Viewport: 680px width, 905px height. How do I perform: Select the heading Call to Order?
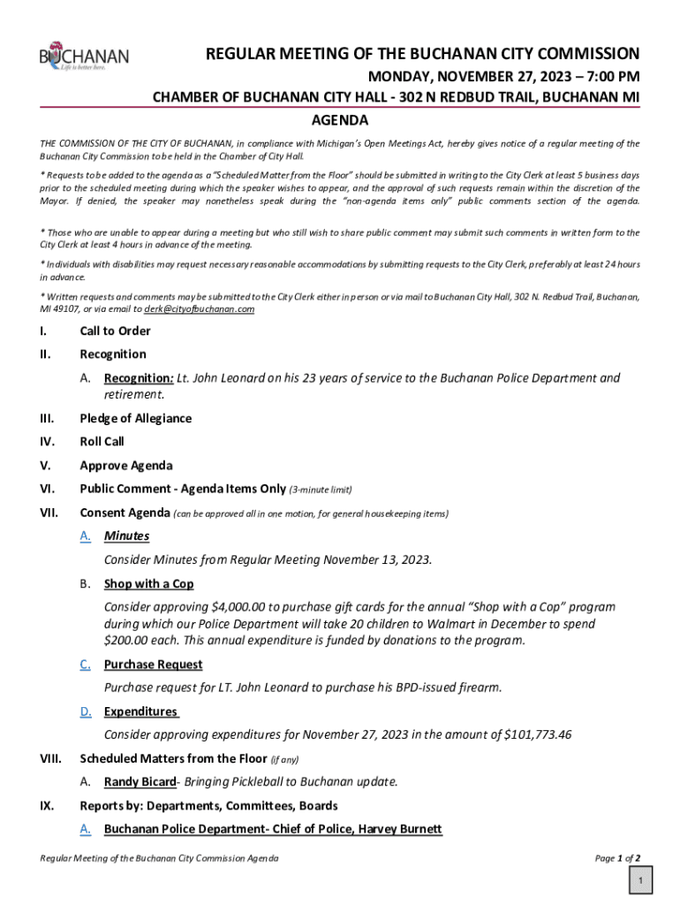(x=115, y=331)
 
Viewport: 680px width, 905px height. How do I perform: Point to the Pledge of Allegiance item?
(x=135, y=418)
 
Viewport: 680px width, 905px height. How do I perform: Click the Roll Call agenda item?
(x=102, y=441)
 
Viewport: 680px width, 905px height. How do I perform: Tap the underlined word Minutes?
(x=126, y=536)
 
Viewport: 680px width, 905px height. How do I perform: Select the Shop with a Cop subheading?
(x=148, y=584)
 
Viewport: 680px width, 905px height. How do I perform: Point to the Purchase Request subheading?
(x=153, y=665)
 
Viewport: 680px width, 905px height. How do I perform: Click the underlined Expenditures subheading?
(x=140, y=711)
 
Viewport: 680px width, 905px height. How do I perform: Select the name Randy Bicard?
(x=140, y=781)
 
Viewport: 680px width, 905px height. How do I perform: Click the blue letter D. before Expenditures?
(x=86, y=711)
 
